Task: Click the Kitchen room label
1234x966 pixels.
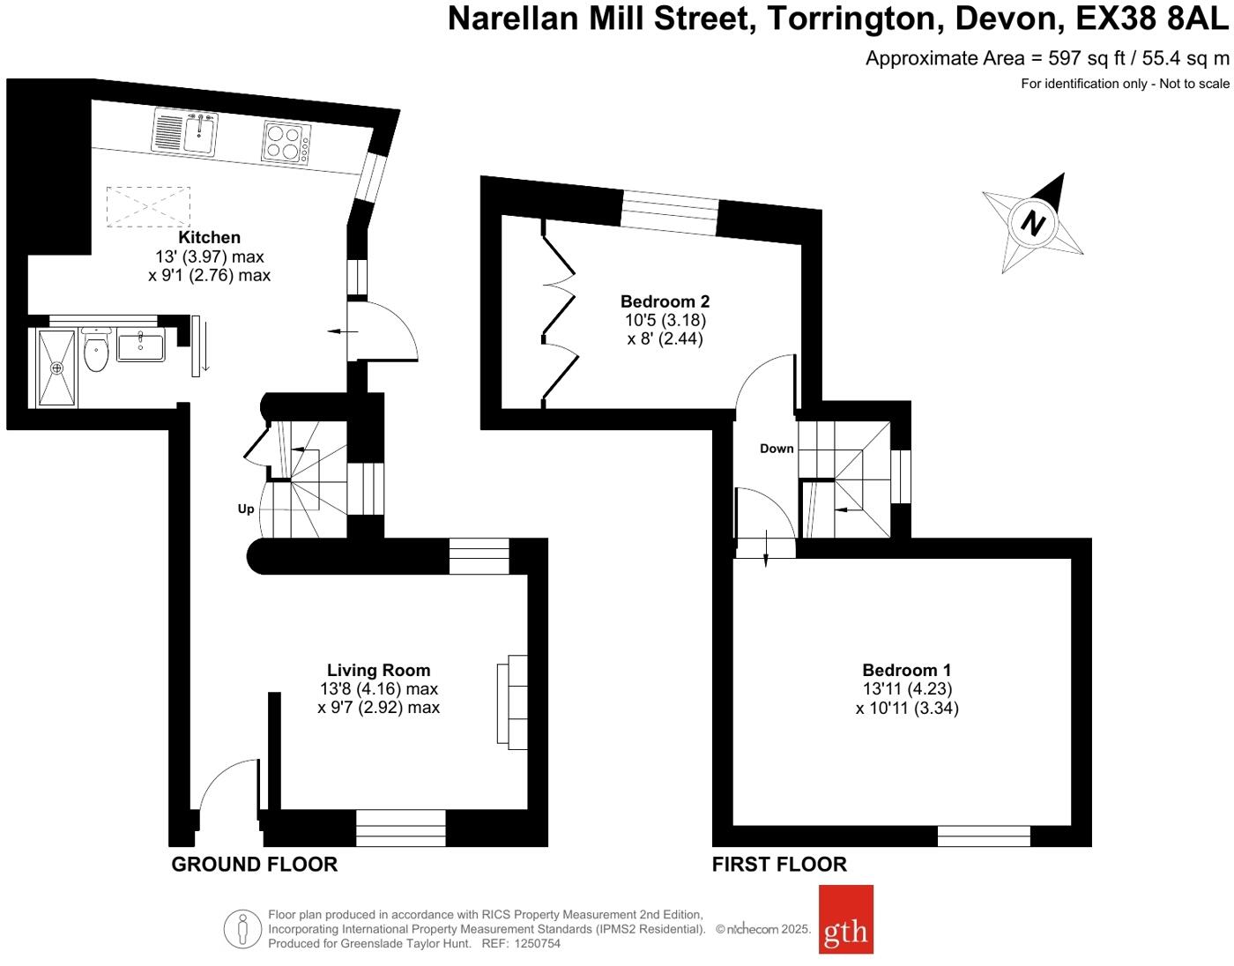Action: tap(209, 237)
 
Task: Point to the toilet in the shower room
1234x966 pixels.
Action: tap(95, 352)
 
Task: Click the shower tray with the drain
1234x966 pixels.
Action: tap(57, 368)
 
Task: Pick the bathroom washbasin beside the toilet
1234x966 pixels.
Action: tap(140, 346)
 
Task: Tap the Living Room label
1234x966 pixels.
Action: tap(378, 670)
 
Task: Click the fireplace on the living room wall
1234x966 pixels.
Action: tap(513, 702)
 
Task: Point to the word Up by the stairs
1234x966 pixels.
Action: tap(246, 509)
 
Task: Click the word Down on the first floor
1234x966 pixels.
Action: tap(777, 449)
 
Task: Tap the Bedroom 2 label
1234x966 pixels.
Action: tap(665, 301)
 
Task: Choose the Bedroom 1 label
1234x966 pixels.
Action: tap(906, 670)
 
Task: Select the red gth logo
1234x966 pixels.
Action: tap(846, 919)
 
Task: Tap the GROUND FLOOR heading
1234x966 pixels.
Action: tap(254, 865)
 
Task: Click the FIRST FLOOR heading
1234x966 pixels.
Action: tap(779, 865)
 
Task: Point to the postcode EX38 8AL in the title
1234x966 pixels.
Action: tap(1152, 19)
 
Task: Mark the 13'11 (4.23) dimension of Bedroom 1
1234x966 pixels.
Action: tap(907, 689)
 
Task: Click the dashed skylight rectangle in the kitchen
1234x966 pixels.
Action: tap(148, 206)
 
